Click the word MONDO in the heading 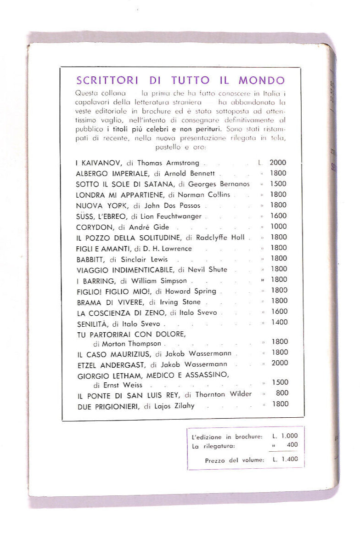[x=263, y=80]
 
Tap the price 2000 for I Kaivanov [x=278, y=163]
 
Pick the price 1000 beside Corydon [x=278, y=227]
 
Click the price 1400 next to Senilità [x=279, y=323]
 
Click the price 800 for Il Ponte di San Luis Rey [x=282, y=393]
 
